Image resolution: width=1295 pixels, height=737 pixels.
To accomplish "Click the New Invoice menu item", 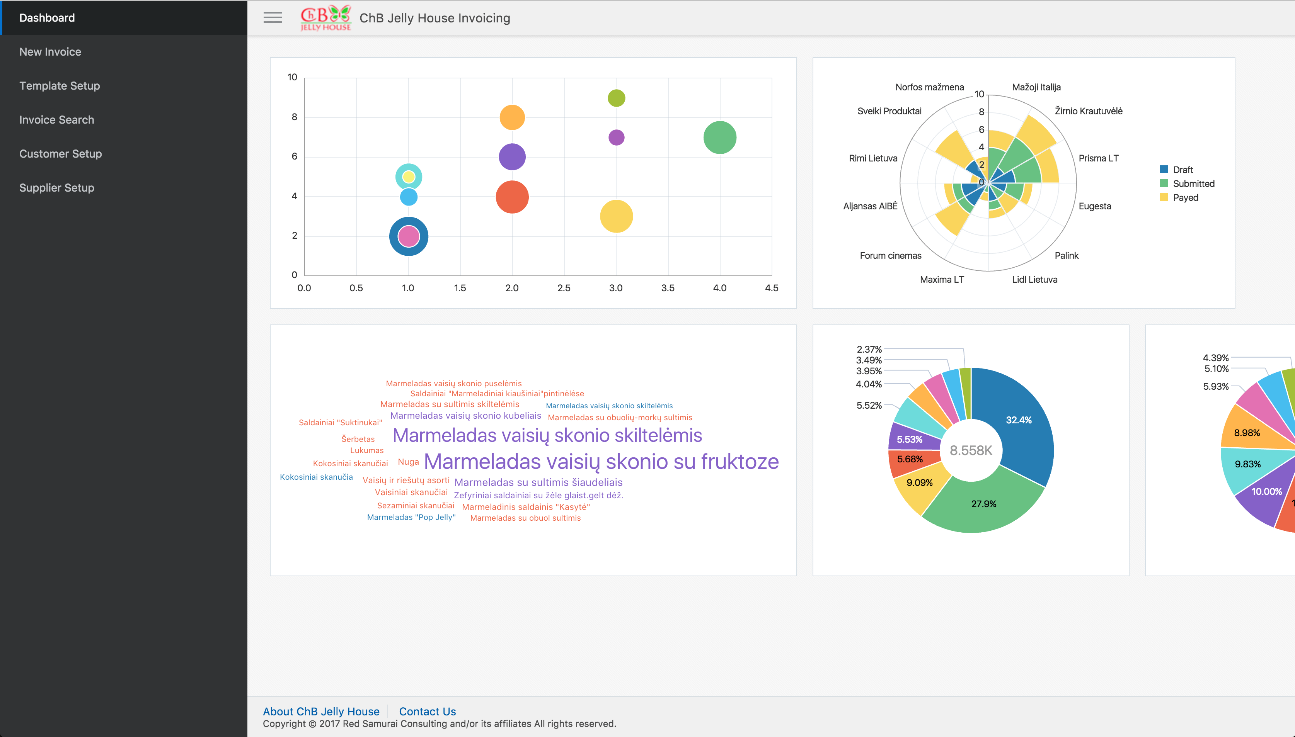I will click(x=50, y=52).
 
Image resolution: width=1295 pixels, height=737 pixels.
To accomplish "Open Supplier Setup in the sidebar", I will click(x=57, y=188).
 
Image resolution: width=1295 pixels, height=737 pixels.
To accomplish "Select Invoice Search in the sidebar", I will click(x=57, y=120).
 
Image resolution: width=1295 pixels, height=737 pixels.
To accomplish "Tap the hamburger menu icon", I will click(x=273, y=18).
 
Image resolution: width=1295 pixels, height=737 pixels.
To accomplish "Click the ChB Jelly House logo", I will click(x=325, y=18).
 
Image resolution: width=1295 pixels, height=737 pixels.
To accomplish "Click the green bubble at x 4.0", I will click(x=720, y=137).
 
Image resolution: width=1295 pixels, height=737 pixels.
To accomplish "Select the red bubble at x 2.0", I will click(x=512, y=197).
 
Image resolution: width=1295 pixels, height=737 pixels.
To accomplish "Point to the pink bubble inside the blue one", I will click(x=409, y=236).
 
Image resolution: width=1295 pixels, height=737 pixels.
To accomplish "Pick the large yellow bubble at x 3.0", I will click(x=616, y=216).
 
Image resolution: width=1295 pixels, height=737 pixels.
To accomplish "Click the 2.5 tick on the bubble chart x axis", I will click(x=564, y=288).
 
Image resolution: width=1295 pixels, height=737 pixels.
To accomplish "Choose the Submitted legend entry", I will click(x=1193, y=184).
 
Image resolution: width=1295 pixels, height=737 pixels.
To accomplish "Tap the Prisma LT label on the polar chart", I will click(x=1098, y=158).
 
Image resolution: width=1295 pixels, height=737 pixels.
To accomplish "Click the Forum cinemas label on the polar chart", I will click(x=890, y=256).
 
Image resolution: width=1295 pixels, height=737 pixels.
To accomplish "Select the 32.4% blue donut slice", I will click(x=1018, y=420).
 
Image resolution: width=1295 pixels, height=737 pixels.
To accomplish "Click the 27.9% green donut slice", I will click(x=983, y=504).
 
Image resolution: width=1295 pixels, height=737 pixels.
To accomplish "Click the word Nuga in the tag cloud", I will click(x=408, y=462).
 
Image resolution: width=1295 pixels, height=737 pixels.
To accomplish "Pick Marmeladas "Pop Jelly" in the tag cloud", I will click(x=411, y=517).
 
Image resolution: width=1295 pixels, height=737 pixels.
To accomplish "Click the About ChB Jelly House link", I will click(x=321, y=711).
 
